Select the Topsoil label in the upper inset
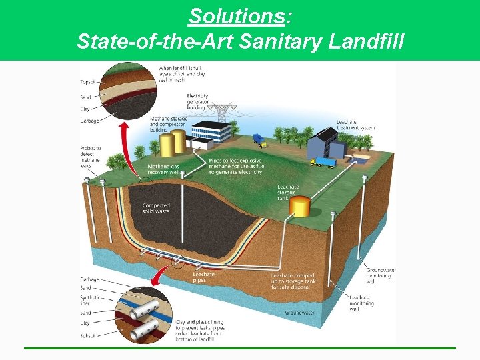pos(88,82)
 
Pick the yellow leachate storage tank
pos(301,206)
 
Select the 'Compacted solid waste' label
pos(157,209)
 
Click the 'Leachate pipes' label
pos(204,277)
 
